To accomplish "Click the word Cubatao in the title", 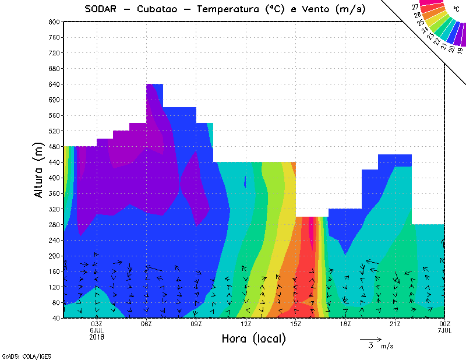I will click(158, 9).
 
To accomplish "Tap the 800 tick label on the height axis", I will click(54, 22).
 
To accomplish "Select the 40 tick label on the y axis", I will click(56, 319).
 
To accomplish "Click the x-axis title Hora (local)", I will click(253, 338).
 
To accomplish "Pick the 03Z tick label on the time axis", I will click(97, 324).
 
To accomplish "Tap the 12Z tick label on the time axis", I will click(246, 324).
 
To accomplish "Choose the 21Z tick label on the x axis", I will click(395, 324).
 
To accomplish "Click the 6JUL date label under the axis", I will click(97, 330).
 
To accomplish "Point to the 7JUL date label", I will click(445, 330).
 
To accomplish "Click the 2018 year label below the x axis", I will click(97, 337).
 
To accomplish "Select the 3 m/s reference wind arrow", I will click(370, 338).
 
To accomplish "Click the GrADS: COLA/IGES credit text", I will click(18, 355).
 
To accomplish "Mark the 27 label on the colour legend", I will click(415, 7).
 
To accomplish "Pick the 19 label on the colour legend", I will click(460, 51).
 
